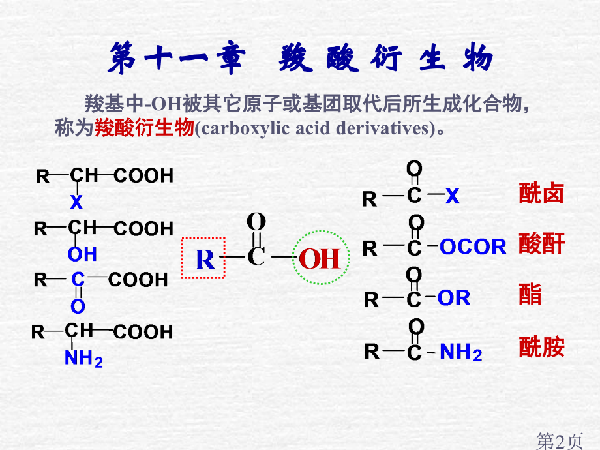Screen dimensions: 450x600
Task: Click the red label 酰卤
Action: (541, 194)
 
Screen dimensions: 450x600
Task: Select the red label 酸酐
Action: (541, 245)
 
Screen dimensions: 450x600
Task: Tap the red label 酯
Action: (530, 295)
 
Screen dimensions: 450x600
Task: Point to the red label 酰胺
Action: (541, 347)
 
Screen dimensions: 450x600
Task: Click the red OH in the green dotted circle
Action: (320, 259)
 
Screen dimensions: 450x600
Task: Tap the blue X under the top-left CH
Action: (77, 203)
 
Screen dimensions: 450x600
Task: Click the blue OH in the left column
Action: (82, 254)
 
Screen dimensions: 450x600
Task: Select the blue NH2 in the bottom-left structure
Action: (83, 358)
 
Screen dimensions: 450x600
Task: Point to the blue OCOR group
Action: (473, 247)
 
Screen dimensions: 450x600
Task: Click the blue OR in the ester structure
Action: (454, 298)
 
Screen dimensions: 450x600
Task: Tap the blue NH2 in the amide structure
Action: (461, 352)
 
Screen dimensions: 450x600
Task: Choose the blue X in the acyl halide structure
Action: (453, 196)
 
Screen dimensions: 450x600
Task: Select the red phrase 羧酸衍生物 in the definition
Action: (144, 128)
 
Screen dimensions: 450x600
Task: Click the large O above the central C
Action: (257, 220)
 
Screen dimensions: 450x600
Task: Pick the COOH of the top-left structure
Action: (144, 176)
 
